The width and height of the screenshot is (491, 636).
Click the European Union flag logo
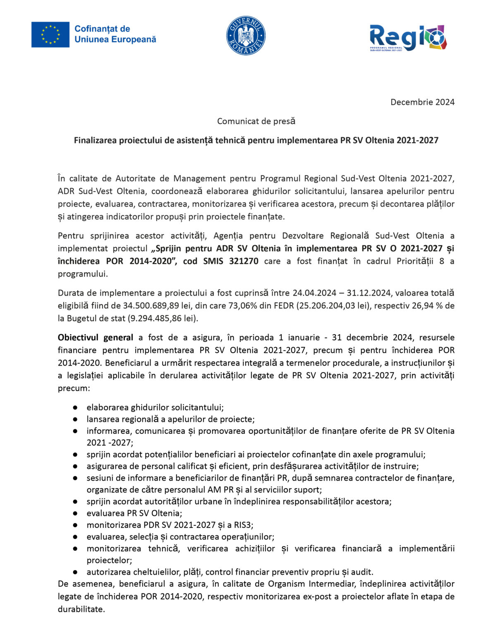[50, 34]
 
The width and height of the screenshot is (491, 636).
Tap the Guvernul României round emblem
[246, 36]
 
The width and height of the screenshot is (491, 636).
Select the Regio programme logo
[408, 38]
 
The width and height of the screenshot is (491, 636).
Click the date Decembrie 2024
[422, 102]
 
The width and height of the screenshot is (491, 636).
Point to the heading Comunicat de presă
[256, 121]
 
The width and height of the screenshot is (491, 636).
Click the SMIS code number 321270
[244, 261]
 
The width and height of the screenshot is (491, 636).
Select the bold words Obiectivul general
[96, 338]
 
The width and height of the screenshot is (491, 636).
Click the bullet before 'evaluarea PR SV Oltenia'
[75, 513]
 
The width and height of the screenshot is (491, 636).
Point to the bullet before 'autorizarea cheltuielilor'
[75, 572]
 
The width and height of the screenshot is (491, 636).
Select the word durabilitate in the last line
[81, 609]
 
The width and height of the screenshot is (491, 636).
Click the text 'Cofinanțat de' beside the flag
[102, 29]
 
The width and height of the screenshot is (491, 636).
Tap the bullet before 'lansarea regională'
[75, 419]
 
